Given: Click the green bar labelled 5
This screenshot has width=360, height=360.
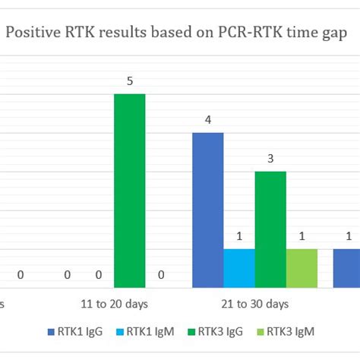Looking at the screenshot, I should coord(129,191).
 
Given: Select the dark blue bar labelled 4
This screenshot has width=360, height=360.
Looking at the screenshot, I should coord(207,210).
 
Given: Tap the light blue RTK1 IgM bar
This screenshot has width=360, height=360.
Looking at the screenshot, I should coord(239,268).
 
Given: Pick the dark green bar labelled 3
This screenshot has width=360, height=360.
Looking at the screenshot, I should coord(270,229).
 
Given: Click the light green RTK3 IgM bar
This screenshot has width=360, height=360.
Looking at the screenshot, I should coord(302,268).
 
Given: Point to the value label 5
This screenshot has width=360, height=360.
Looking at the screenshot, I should coord(130,81).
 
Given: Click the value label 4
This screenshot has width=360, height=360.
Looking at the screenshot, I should coord(207,120).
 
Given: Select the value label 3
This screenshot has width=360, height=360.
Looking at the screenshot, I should coord(270,159).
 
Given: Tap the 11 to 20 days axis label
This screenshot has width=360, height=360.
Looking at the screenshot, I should coord(114,304).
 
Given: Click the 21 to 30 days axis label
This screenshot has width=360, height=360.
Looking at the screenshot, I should coord(254,304).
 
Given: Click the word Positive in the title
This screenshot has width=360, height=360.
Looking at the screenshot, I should coord(35,33).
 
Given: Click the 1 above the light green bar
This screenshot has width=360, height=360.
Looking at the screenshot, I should coord(302,236).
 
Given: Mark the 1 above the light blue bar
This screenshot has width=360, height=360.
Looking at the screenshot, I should coord(239,236).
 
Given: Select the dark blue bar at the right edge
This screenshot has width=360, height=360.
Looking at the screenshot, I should coord(346,268).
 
